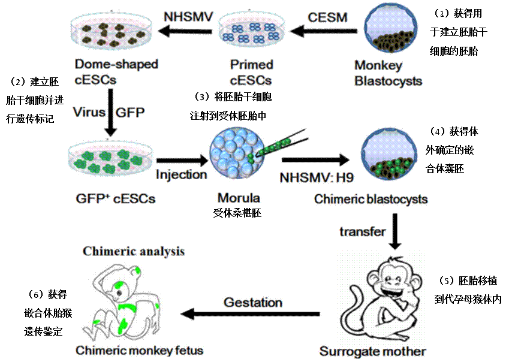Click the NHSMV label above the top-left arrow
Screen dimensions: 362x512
[188, 16]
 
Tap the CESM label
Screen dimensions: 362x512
[327, 16]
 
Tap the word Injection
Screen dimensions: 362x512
[181, 174]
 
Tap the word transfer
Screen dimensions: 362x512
[362, 231]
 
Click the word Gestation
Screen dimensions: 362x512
[253, 302]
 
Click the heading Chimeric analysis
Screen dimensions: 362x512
[134, 251]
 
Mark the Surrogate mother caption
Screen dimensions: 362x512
[372, 351]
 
